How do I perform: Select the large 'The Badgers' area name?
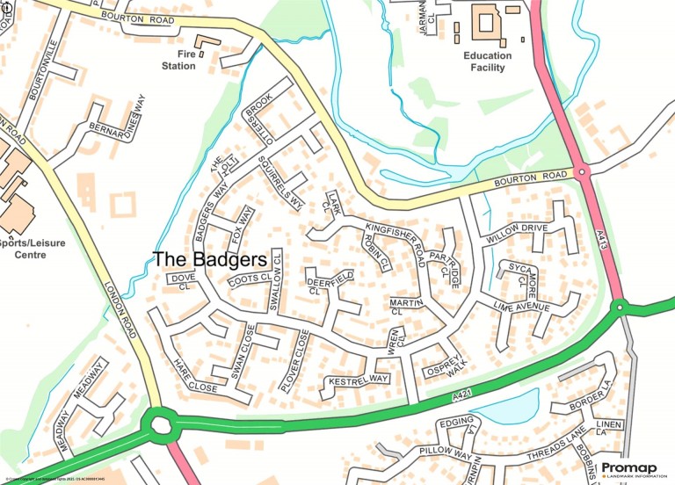(x=209, y=260)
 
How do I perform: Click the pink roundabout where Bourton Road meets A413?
(x=581, y=172)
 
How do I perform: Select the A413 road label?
(x=604, y=238)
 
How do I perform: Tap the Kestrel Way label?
(x=358, y=380)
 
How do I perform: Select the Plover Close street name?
(x=294, y=360)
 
